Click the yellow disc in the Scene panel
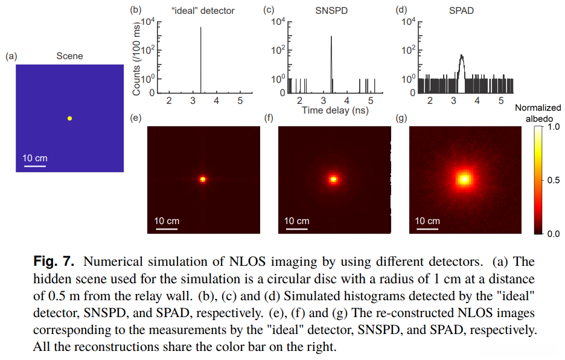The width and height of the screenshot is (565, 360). click(x=69, y=118)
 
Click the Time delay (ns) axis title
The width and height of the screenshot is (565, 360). click(x=335, y=110)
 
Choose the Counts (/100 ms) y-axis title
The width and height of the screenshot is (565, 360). click(x=136, y=57)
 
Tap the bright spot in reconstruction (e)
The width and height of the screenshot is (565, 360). click(x=203, y=179)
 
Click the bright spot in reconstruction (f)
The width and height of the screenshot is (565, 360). click(x=333, y=179)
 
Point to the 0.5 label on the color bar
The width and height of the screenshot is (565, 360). click(x=554, y=181)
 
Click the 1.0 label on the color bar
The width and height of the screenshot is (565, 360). click(x=554, y=127)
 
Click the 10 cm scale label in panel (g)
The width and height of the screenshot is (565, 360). click(x=427, y=221)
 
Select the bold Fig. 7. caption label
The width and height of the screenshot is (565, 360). click(x=53, y=262)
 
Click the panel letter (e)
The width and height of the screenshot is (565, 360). click(x=136, y=117)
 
